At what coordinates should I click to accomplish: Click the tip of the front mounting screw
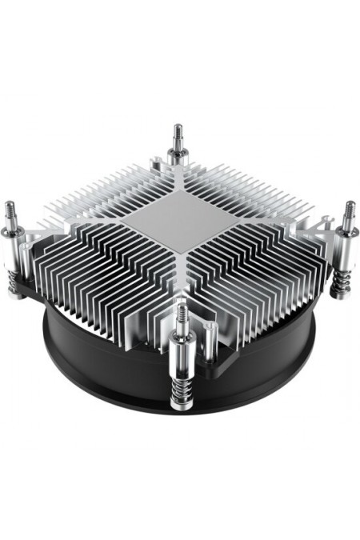point(182,306)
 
